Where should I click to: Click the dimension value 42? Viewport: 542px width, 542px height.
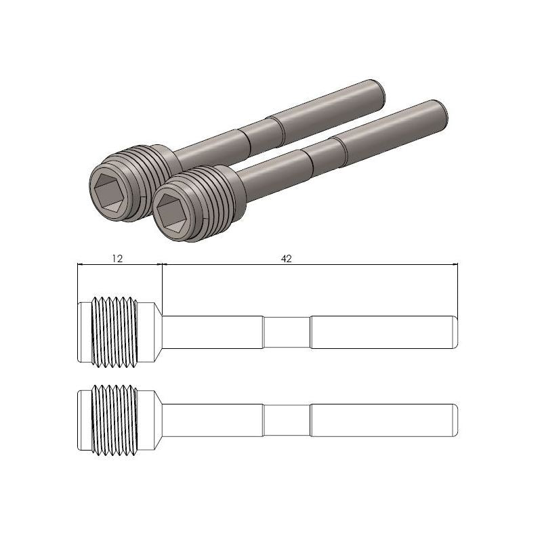[287, 259]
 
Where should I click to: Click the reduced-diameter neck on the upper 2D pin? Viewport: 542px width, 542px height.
[287, 331]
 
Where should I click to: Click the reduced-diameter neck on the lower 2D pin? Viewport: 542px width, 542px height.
[287, 419]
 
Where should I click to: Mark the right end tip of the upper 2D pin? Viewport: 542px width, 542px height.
[454, 331]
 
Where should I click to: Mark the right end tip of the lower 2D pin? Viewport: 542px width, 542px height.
[454, 419]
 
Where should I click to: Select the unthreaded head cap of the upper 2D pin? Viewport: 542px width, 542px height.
[83, 331]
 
